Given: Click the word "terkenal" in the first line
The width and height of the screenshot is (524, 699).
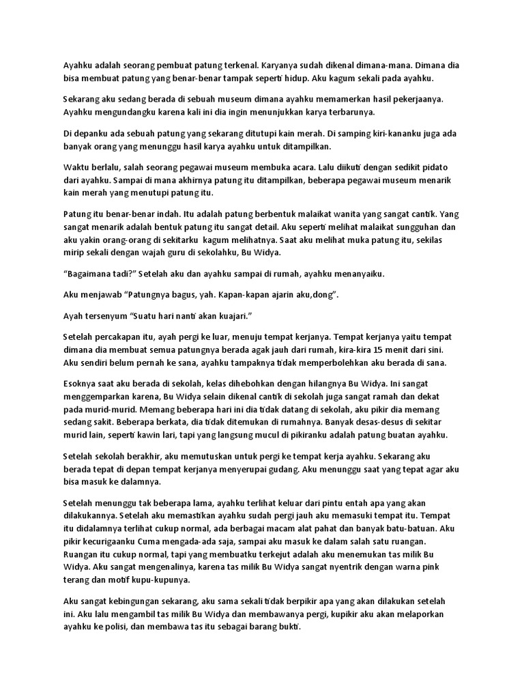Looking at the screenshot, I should pos(236,66).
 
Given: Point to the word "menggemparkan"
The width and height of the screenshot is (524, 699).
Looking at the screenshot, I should pos(103,397).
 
